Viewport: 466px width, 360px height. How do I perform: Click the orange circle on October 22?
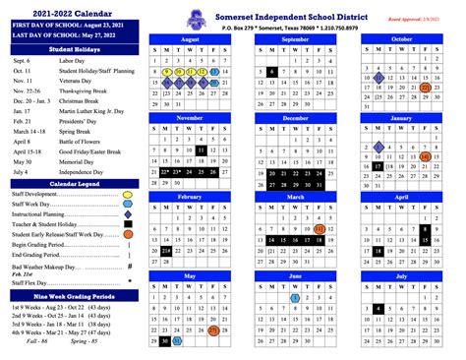425,88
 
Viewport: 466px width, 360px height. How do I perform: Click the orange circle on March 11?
321,228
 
